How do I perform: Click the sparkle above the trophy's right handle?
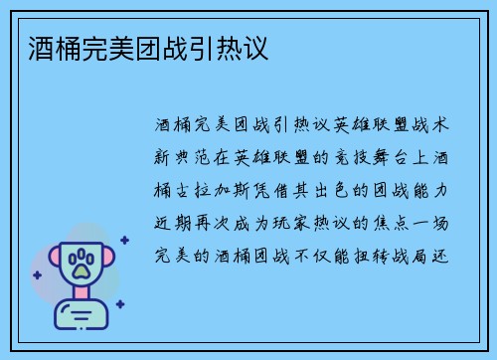pyautogui.click(x=124, y=240)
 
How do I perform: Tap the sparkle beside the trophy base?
pyautogui.click(x=119, y=304)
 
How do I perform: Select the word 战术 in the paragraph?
pyautogui.click(x=435, y=125)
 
